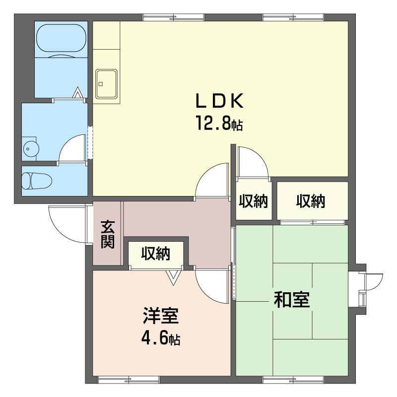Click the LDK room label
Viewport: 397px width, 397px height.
[219, 101]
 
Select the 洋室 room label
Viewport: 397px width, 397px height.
[161, 316]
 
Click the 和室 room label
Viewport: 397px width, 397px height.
[292, 300]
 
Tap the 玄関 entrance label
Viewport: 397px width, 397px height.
[108, 234]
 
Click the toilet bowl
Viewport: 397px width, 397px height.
[37, 181]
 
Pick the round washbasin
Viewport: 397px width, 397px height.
[31, 148]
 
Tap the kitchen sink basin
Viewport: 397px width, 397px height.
[106, 84]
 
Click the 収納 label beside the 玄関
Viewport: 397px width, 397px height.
[156, 253]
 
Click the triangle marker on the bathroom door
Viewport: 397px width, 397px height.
[77, 93]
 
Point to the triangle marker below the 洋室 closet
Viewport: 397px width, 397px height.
[173, 277]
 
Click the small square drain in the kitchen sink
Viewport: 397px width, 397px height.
[101, 84]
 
